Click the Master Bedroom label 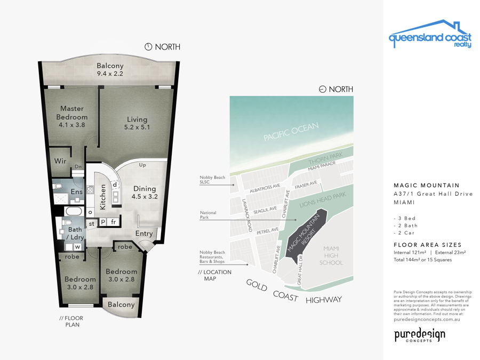(72, 113)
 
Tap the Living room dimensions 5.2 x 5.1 (137, 127)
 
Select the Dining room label (145, 189)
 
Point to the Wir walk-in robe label (60, 161)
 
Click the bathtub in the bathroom (74, 212)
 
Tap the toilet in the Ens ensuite (58, 186)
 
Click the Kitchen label (103, 197)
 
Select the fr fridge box (113, 222)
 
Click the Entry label (144, 234)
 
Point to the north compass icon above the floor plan (148, 47)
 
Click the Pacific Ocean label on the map (291, 132)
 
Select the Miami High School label (331, 255)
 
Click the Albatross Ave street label (265, 188)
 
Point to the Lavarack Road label (247, 215)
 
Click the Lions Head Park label (322, 199)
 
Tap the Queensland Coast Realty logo (430, 34)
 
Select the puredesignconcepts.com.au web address (427, 319)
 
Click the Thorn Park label (325, 158)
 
